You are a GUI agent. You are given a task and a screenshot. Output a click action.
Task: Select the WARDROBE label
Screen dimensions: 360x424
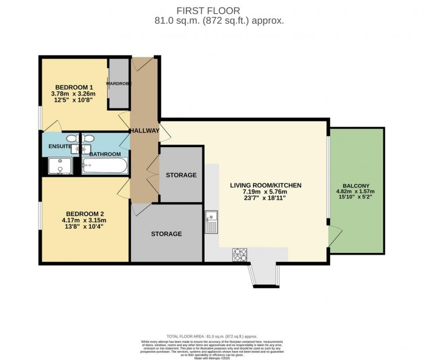coord(119,83)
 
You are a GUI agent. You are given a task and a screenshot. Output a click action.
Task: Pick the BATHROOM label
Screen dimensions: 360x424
coord(105,154)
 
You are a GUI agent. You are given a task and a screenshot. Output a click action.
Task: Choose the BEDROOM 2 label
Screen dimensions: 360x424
coord(85,213)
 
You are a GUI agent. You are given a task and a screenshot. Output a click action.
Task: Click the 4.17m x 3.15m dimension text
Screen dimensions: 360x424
coord(85,220)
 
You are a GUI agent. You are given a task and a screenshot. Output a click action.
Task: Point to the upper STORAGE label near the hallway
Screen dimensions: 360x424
coord(181,175)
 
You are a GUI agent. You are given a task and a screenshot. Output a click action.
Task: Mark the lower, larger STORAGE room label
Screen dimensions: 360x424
coord(166,234)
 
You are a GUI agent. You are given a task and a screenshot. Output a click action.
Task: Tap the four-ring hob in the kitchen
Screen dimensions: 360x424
coord(240,255)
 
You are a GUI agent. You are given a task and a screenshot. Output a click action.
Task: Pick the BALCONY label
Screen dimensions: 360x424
coord(357,186)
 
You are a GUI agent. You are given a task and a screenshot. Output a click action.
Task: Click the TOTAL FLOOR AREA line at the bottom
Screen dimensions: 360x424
coord(211,336)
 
